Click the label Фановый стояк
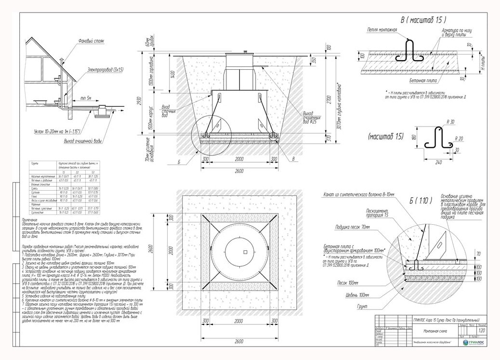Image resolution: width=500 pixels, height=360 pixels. (x=91, y=41)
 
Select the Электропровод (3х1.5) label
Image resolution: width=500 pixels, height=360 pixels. (x=105, y=70)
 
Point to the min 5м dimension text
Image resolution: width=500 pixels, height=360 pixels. (x=87, y=98)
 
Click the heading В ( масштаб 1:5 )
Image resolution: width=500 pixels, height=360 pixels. (x=423, y=20)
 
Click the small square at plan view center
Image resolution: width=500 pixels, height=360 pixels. (x=245, y=252)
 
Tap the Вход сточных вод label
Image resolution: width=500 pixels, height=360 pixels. (x=170, y=111)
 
